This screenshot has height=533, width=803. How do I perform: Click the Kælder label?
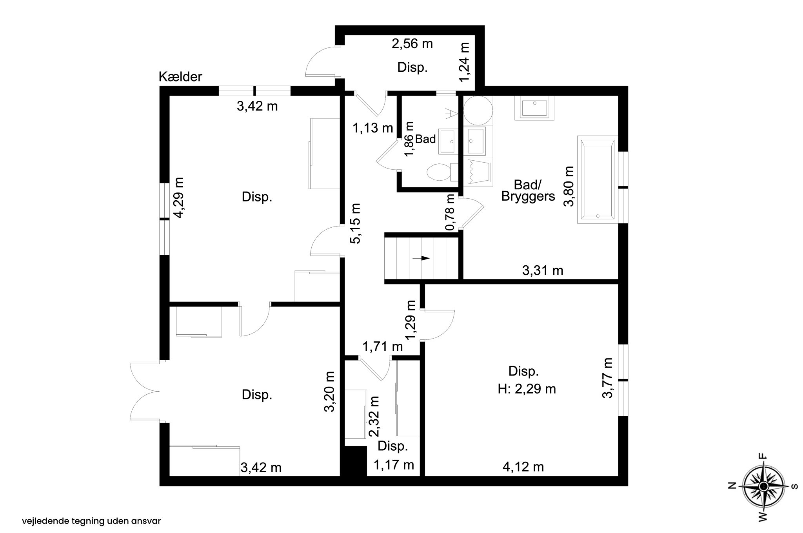click(x=180, y=77)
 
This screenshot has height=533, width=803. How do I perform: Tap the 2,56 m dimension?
click(x=412, y=44)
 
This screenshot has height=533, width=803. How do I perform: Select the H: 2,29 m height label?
click(x=527, y=389)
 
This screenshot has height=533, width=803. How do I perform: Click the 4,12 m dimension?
click(x=523, y=467)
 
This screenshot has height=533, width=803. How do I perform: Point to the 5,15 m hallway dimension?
click(x=355, y=223)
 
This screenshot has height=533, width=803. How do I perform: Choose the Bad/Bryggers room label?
click(x=528, y=190)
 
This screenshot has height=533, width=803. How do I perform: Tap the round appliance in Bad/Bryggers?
click(x=478, y=111)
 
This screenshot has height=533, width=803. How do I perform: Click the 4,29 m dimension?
click(x=179, y=198)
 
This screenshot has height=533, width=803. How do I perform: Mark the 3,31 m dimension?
click(x=543, y=270)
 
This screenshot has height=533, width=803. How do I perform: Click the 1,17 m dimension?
click(x=394, y=465)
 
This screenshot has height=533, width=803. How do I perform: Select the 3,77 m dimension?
click(x=607, y=378)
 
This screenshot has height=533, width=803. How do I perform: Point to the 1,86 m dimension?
click(x=409, y=139)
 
